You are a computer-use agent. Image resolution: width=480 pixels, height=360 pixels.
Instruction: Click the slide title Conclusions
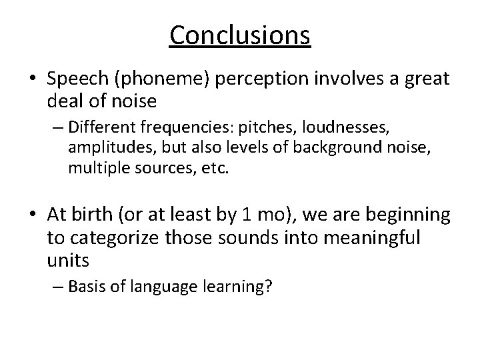pos(240,35)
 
